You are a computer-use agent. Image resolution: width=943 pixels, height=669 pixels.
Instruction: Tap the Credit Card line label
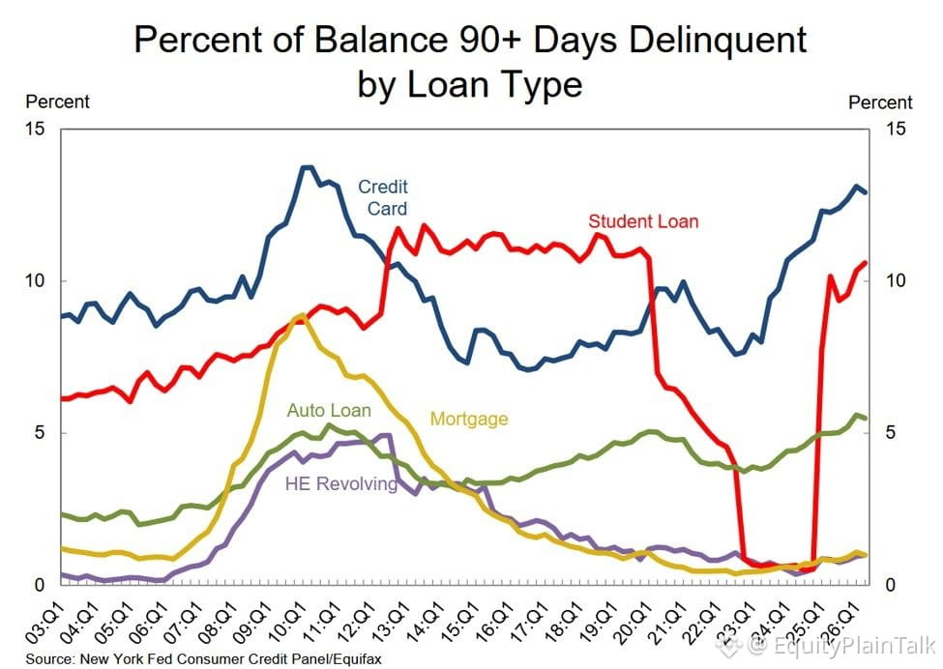pyautogui.click(x=383, y=198)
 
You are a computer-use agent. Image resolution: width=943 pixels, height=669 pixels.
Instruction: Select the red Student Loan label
pyautogui.click(x=643, y=221)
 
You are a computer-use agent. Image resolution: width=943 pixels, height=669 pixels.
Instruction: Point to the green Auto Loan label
pyautogui.click(x=329, y=411)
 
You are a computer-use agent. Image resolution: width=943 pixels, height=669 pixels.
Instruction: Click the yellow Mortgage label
pyautogui.click(x=469, y=419)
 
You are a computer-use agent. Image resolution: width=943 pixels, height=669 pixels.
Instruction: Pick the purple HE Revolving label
pyautogui.click(x=341, y=484)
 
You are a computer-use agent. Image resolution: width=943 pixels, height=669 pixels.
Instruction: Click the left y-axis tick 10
pyautogui.click(x=36, y=280)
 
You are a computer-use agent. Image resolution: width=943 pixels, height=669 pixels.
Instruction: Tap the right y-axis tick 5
pyautogui.click(x=891, y=433)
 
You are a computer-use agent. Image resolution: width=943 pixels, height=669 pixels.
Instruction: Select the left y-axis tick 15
pyautogui.click(x=36, y=129)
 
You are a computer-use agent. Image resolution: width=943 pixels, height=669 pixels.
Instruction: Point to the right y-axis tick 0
pyautogui.click(x=891, y=585)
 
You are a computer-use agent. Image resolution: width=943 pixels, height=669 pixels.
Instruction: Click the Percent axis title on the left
pyautogui.click(x=58, y=102)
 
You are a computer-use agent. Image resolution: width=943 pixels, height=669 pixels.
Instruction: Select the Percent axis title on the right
pyautogui.click(x=880, y=102)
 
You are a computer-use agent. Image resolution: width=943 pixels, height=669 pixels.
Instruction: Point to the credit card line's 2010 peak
pyautogui.click(x=308, y=167)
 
